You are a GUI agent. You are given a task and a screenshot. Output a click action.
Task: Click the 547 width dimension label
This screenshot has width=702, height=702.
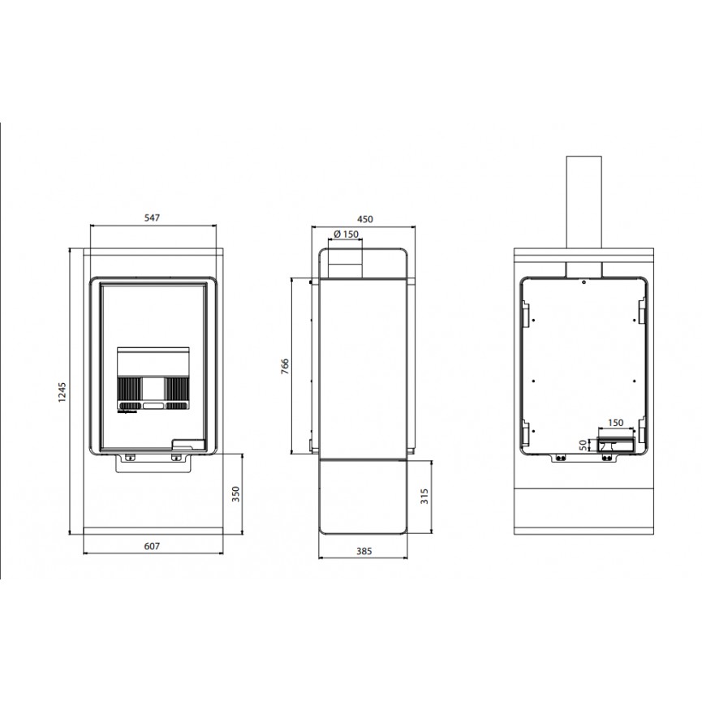point(152,218)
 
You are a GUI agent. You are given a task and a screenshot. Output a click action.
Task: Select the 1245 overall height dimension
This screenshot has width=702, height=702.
point(62,392)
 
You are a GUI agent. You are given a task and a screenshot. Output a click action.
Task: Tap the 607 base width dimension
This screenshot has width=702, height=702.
point(152,546)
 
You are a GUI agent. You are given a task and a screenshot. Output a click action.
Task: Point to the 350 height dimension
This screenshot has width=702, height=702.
point(236,493)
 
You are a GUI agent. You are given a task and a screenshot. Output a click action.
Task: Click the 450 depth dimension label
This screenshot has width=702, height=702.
point(365,219)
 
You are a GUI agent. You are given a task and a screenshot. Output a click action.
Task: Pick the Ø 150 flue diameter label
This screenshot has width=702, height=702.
point(346,235)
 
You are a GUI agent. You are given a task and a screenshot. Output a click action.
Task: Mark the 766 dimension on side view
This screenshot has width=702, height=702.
point(285,366)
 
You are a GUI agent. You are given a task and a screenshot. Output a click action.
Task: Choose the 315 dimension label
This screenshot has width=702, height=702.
point(424,496)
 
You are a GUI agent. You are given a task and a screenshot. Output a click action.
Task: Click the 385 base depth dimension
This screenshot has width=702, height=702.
point(364,551)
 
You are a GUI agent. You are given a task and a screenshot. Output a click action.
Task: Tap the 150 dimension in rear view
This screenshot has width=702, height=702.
point(616,423)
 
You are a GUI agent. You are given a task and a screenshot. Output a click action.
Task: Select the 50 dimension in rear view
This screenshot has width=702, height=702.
point(583,445)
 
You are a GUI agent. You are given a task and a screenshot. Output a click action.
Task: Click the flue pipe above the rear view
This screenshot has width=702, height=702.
point(584,202)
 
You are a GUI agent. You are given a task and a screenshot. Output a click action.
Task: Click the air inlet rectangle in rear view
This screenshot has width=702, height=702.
point(617,445)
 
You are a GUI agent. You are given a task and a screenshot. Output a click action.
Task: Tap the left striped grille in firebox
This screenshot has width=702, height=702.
point(129,388)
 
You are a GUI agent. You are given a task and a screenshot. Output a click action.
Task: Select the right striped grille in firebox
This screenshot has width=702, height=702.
point(177,388)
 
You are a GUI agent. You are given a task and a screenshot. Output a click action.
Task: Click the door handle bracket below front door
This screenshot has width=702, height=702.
point(153,463)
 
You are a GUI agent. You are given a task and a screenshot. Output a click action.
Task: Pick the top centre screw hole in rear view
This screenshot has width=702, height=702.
point(584,282)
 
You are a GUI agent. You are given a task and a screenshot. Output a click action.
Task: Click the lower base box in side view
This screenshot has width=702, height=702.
point(363,497)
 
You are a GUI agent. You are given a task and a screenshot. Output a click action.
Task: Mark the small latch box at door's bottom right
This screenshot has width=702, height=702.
point(189,444)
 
